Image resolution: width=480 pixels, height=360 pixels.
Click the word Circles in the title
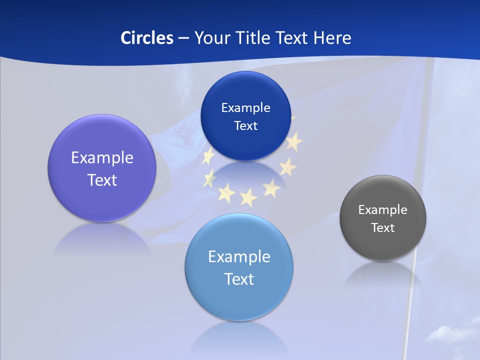[146, 38]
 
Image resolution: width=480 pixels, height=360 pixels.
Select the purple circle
[102, 168]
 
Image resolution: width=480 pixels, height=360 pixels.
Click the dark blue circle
[245, 116]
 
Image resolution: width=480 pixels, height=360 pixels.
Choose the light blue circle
[239, 267]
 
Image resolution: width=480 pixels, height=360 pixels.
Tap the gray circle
[383, 218]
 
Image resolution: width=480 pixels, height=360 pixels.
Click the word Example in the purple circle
[102, 158]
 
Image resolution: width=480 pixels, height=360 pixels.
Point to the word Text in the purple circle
[102, 180]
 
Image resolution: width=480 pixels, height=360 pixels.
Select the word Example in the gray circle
[383, 210]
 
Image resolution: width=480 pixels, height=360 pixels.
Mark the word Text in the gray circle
[383, 228]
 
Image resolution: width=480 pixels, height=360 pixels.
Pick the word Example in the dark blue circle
[245, 108]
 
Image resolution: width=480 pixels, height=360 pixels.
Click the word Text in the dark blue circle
[245, 126]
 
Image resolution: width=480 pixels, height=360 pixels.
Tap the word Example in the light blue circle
[239, 257]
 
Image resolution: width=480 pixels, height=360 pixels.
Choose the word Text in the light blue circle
[239, 279]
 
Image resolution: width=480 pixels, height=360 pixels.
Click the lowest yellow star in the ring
[248, 198]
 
